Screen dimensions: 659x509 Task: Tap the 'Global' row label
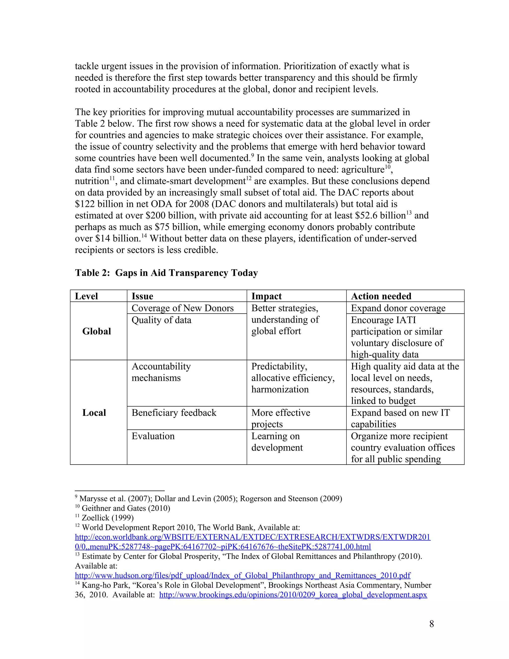[96, 331]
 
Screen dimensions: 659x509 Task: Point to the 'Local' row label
[94, 413]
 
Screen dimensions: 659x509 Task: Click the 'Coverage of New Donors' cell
[182, 308]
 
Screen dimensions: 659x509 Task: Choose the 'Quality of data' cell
[161, 320]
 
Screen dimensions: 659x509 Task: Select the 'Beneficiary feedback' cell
[174, 413]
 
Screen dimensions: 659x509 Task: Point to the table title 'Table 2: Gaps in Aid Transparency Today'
[166, 273]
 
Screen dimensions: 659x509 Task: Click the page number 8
[431, 624]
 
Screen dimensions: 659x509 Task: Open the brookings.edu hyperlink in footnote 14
[293, 595]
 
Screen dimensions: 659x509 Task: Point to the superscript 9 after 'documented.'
[253, 155]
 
